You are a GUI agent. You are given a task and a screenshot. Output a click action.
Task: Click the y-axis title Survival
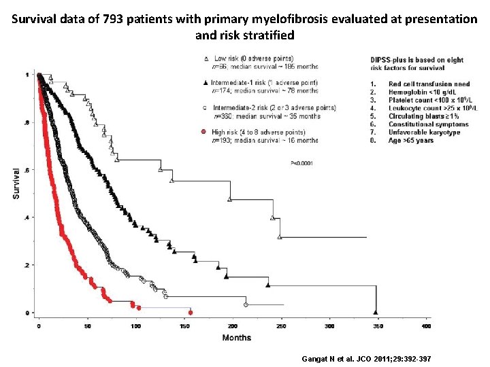(x=16, y=183)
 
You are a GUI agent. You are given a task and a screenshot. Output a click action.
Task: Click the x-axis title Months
(x=236, y=338)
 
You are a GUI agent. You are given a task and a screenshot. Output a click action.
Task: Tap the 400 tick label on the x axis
(x=427, y=326)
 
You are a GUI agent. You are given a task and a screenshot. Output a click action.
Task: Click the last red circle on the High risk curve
(x=191, y=312)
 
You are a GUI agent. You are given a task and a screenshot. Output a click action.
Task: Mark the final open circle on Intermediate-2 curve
(x=246, y=303)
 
